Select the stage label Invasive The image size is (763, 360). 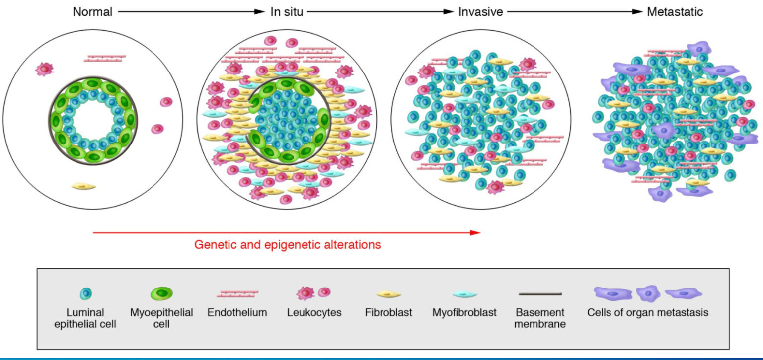(x=480, y=12)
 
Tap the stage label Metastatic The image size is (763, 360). (x=675, y=12)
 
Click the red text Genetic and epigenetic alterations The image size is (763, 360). (x=288, y=245)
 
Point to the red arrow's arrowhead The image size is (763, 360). (x=477, y=232)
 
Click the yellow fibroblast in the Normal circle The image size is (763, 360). (x=83, y=186)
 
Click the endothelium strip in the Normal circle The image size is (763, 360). (x=105, y=59)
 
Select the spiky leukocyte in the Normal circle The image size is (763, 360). (x=44, y=69)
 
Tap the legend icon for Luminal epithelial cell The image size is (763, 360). (x=86, y=294)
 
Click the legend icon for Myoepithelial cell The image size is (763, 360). (x=161, y=294)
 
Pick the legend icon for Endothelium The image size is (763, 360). (x=238, y=294)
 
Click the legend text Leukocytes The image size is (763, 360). (x=314, y=313)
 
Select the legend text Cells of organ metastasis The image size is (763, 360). (x=647, y=313)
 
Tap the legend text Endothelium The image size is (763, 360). (x=238, y=313)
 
